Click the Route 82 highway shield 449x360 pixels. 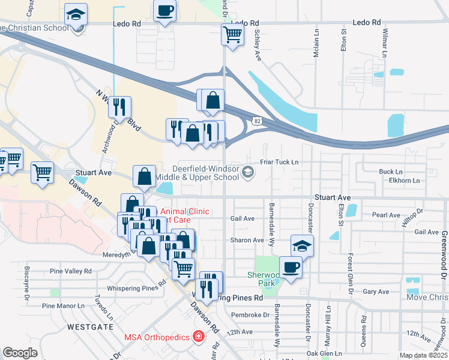click(x=256, y=121)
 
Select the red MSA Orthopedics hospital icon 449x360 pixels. click(x=197, y=337)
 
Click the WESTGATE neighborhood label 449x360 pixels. click(x=90, y=327)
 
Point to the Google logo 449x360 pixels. click(x=20, y=353)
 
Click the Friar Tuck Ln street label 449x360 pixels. click(x=279, y=162)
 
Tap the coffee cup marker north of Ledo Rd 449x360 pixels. click(x=164, y=11)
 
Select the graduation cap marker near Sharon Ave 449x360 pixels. click(x=302, y=245)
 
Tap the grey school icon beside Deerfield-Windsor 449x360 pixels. click(x=247, y=173)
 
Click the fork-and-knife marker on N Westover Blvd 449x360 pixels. click(x=119, y=107)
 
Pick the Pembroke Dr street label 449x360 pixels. click(x=250, y=314)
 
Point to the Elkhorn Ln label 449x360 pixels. click(x=405, y=180)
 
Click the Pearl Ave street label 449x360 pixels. click(x=386, y=215)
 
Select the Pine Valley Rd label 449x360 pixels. click(x=71, y=271)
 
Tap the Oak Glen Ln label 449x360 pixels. click(x=324, y=353)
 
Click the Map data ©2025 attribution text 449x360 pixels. click(x=423, y=355)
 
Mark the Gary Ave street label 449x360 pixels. click(x=376, y=291)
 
